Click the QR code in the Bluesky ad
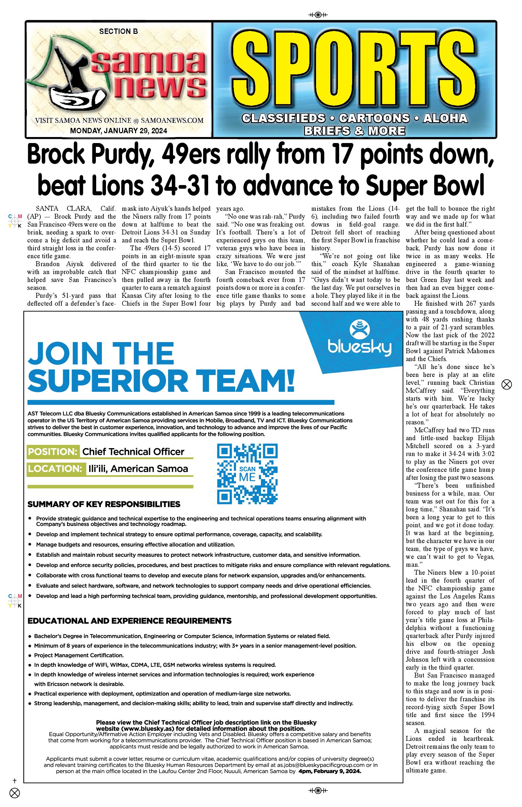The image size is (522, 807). [247, 473]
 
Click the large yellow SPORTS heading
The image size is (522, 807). [354, 70]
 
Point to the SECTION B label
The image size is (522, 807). [119, 32]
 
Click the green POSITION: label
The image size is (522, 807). [53, 452]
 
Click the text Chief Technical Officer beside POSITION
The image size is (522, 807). [133, 452]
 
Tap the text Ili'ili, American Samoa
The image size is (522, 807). [138, 469]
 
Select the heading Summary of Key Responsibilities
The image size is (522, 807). [104, 504]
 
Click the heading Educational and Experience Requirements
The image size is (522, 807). [129, 621]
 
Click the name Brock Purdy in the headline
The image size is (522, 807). [90, 155]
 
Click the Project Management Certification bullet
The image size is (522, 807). [79, 655]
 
